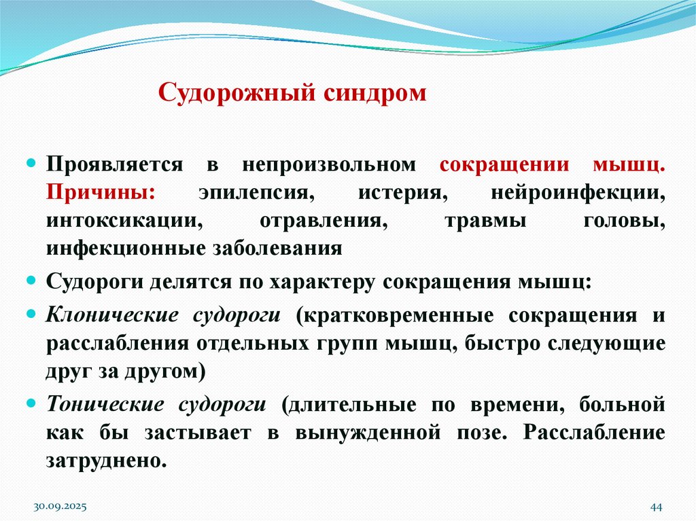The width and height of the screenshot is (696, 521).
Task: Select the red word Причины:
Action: (x=101, y=192)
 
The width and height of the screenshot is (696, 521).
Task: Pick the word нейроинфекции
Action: (x=578, y=192)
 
